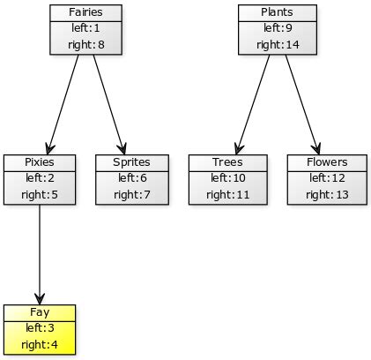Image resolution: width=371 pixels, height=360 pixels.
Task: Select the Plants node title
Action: (274, 12)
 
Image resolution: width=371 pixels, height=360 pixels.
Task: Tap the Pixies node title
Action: (40, 162)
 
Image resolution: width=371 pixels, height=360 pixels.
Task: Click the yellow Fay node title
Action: (40, 312)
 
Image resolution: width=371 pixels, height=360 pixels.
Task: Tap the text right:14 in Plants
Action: (274, 43)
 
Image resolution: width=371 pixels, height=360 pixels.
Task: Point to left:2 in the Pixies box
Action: (40, 177)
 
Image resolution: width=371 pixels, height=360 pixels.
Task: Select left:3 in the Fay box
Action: (40, 327)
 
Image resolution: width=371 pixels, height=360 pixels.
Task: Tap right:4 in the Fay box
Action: (40, 343)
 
